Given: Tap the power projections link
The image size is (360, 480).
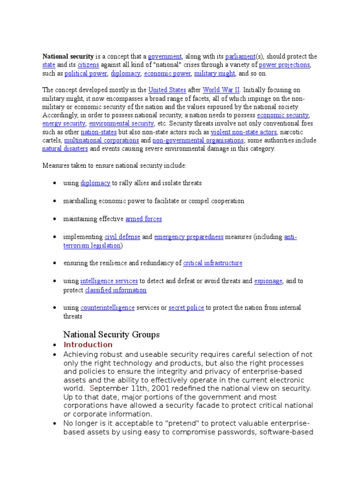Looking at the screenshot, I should coord(284,65).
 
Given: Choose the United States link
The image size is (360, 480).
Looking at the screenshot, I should coord(167,90).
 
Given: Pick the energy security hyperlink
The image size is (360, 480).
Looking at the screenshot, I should coord(64,123).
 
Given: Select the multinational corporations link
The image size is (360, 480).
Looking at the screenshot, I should coord(101,141).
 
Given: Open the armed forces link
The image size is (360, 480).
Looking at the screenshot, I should coord(143,219).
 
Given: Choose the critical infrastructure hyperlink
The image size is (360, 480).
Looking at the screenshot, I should coord(213,263).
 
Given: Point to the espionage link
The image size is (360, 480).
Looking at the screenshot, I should coord(268,281).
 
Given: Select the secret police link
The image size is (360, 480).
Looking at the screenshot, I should coord(186,307).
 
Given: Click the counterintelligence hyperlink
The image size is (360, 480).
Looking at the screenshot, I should coord(107,307).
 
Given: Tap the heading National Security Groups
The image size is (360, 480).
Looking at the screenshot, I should coord(111,335).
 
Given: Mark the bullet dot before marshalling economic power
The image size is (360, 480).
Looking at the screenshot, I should coord(55,201).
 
